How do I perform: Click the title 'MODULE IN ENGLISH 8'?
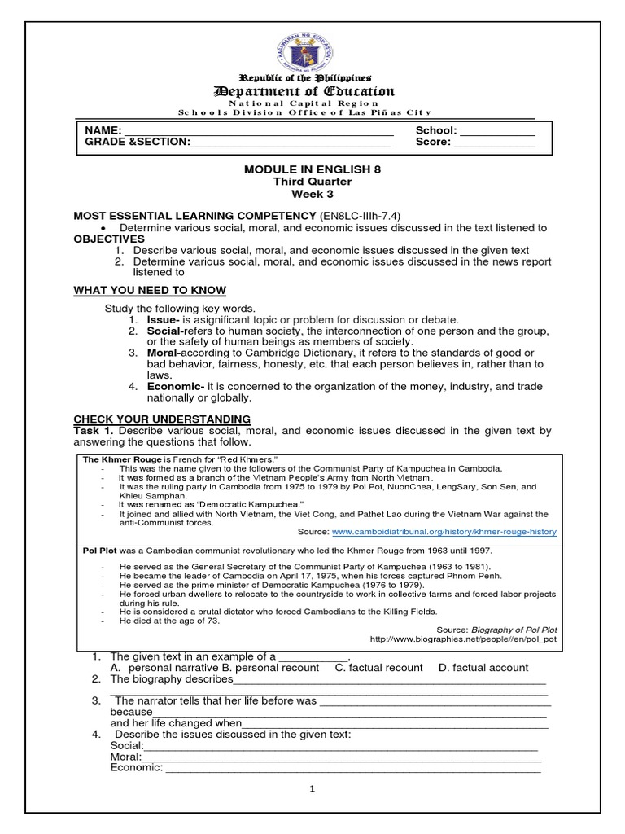point(312,169)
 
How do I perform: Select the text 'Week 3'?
point(312,195)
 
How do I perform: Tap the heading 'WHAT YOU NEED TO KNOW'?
point(151,291)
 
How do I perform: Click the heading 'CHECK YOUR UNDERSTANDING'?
point(162,419)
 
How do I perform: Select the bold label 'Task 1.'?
point(94,430)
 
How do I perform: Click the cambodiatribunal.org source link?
point(444,531)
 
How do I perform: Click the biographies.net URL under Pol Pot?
point(463,640)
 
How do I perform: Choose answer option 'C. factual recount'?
point(378,667)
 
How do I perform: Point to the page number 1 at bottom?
point(312,788)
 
